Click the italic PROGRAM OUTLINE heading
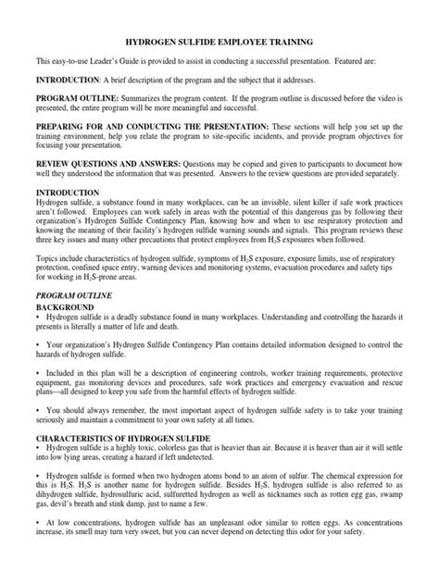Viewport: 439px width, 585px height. pyautogui.click(x=73, y=292)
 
